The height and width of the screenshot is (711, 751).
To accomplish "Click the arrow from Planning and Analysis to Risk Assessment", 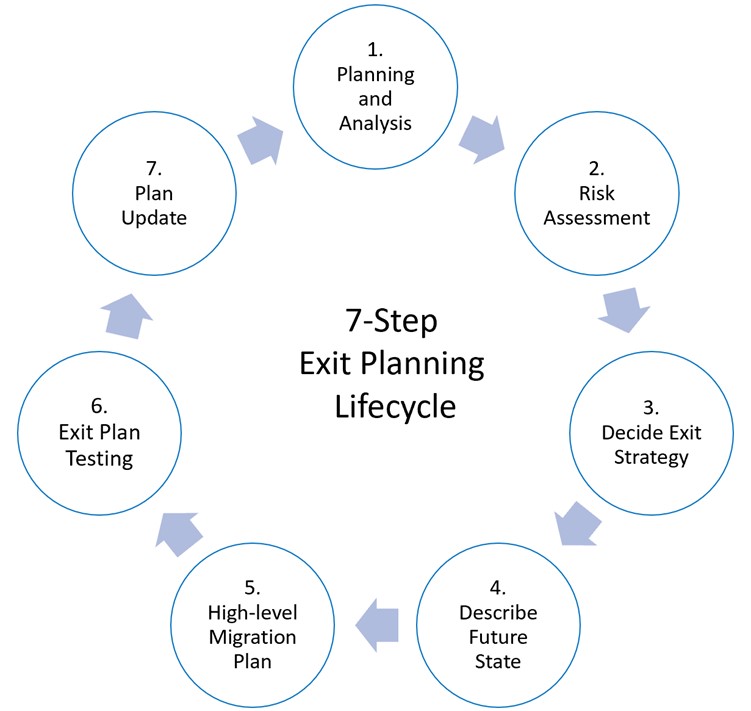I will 481,139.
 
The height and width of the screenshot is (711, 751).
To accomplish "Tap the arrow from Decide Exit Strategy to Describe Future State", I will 577,523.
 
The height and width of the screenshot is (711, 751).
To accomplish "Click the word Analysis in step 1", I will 376,124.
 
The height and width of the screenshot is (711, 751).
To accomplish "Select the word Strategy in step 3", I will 653,458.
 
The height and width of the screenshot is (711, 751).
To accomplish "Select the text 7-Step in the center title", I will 392,322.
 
